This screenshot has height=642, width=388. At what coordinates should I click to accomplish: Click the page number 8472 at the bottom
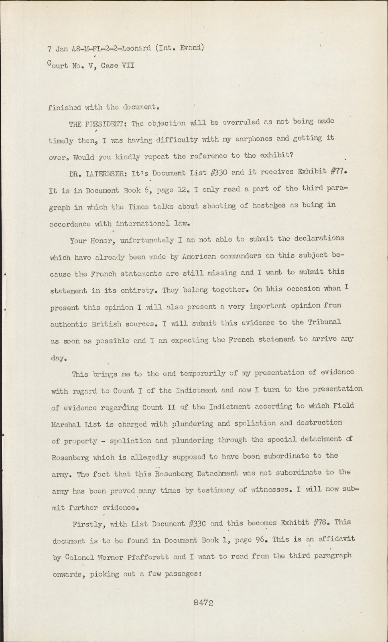203,602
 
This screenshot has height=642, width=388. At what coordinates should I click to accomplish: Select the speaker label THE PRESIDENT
98,124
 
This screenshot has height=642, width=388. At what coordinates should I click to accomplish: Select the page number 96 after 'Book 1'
262,540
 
